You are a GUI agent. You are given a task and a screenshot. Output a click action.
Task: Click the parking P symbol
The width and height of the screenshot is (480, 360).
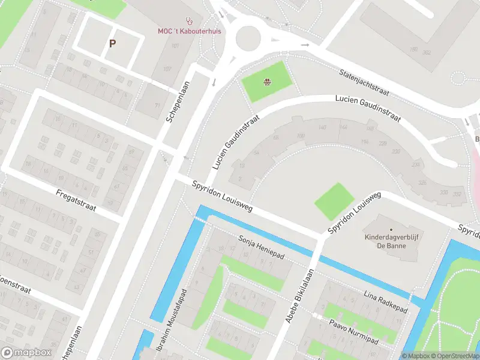tap(112, 43)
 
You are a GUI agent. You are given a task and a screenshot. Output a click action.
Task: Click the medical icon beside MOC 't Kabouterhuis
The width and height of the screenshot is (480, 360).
tap(190, 20)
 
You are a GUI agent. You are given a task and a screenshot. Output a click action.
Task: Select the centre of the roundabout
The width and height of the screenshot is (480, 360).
tap(251, 38)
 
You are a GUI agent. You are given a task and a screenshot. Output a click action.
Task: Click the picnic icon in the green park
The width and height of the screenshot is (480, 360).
tap(268, 82)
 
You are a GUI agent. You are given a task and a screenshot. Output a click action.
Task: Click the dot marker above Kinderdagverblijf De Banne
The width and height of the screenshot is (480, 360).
tap(391, 229)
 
